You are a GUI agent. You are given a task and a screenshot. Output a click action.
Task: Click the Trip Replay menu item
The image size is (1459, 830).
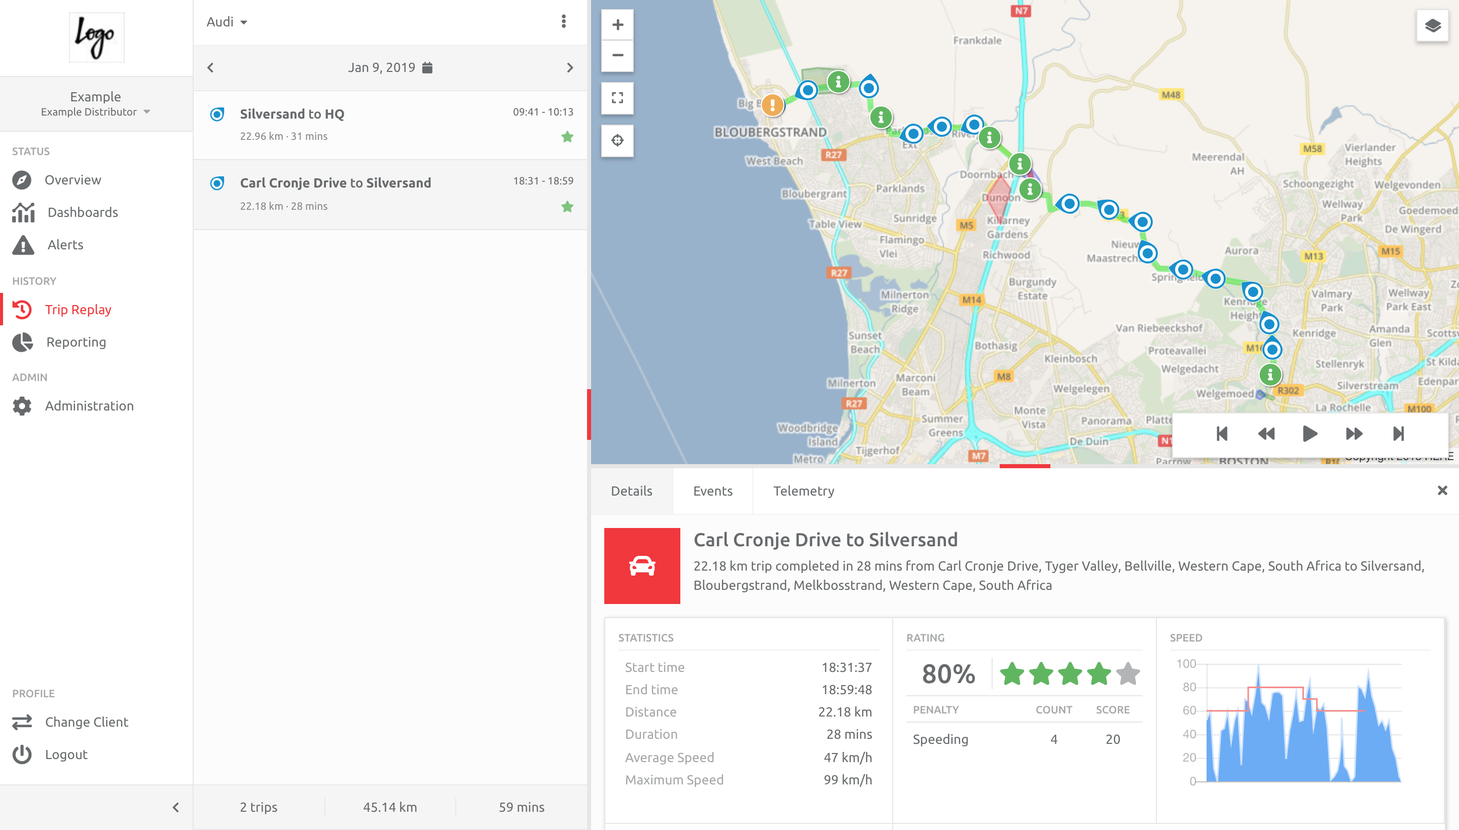(78, 310)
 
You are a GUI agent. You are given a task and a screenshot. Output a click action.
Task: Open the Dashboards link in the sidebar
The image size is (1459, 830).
(83, 212)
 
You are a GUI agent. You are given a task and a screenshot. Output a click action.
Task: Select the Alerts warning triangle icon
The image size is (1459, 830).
(23, 245)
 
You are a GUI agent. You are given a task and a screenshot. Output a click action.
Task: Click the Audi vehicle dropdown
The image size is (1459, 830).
(226, 22)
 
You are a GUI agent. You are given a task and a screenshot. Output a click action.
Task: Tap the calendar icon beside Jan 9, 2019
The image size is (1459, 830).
(427, 68)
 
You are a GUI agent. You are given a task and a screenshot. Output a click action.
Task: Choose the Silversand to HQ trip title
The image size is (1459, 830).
(292, 114)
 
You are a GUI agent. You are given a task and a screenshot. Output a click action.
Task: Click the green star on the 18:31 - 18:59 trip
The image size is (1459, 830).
(567, 206)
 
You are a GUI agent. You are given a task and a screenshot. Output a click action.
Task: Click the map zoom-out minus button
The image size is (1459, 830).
(617, 55)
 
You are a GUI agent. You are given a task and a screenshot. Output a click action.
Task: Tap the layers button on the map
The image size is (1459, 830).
(1432, 26)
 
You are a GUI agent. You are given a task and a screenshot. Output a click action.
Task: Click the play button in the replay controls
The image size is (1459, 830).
(1309, 434)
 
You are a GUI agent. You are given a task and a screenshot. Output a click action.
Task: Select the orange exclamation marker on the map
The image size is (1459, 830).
(773, 105)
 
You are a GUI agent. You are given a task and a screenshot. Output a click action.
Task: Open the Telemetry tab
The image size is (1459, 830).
(804, 491)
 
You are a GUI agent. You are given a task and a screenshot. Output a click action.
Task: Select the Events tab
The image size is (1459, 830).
(712, 491)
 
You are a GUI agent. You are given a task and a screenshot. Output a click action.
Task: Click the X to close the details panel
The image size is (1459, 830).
(1442, 491)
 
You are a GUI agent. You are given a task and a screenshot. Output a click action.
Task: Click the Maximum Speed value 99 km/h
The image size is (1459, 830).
(847, 780)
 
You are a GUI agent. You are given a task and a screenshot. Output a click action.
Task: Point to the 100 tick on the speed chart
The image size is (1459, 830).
(1186, 664)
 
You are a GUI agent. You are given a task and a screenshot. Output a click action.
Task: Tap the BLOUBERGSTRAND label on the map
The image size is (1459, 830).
(770, 132)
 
